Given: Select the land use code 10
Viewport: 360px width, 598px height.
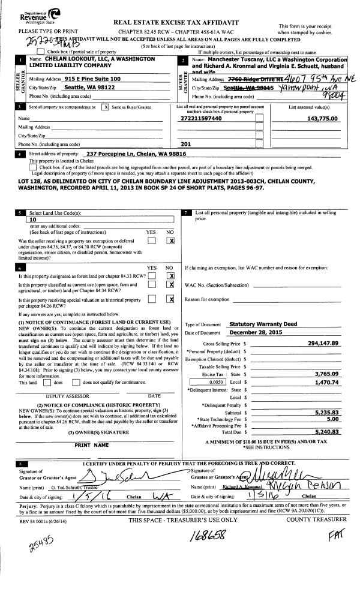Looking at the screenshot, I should click(34, 220).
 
